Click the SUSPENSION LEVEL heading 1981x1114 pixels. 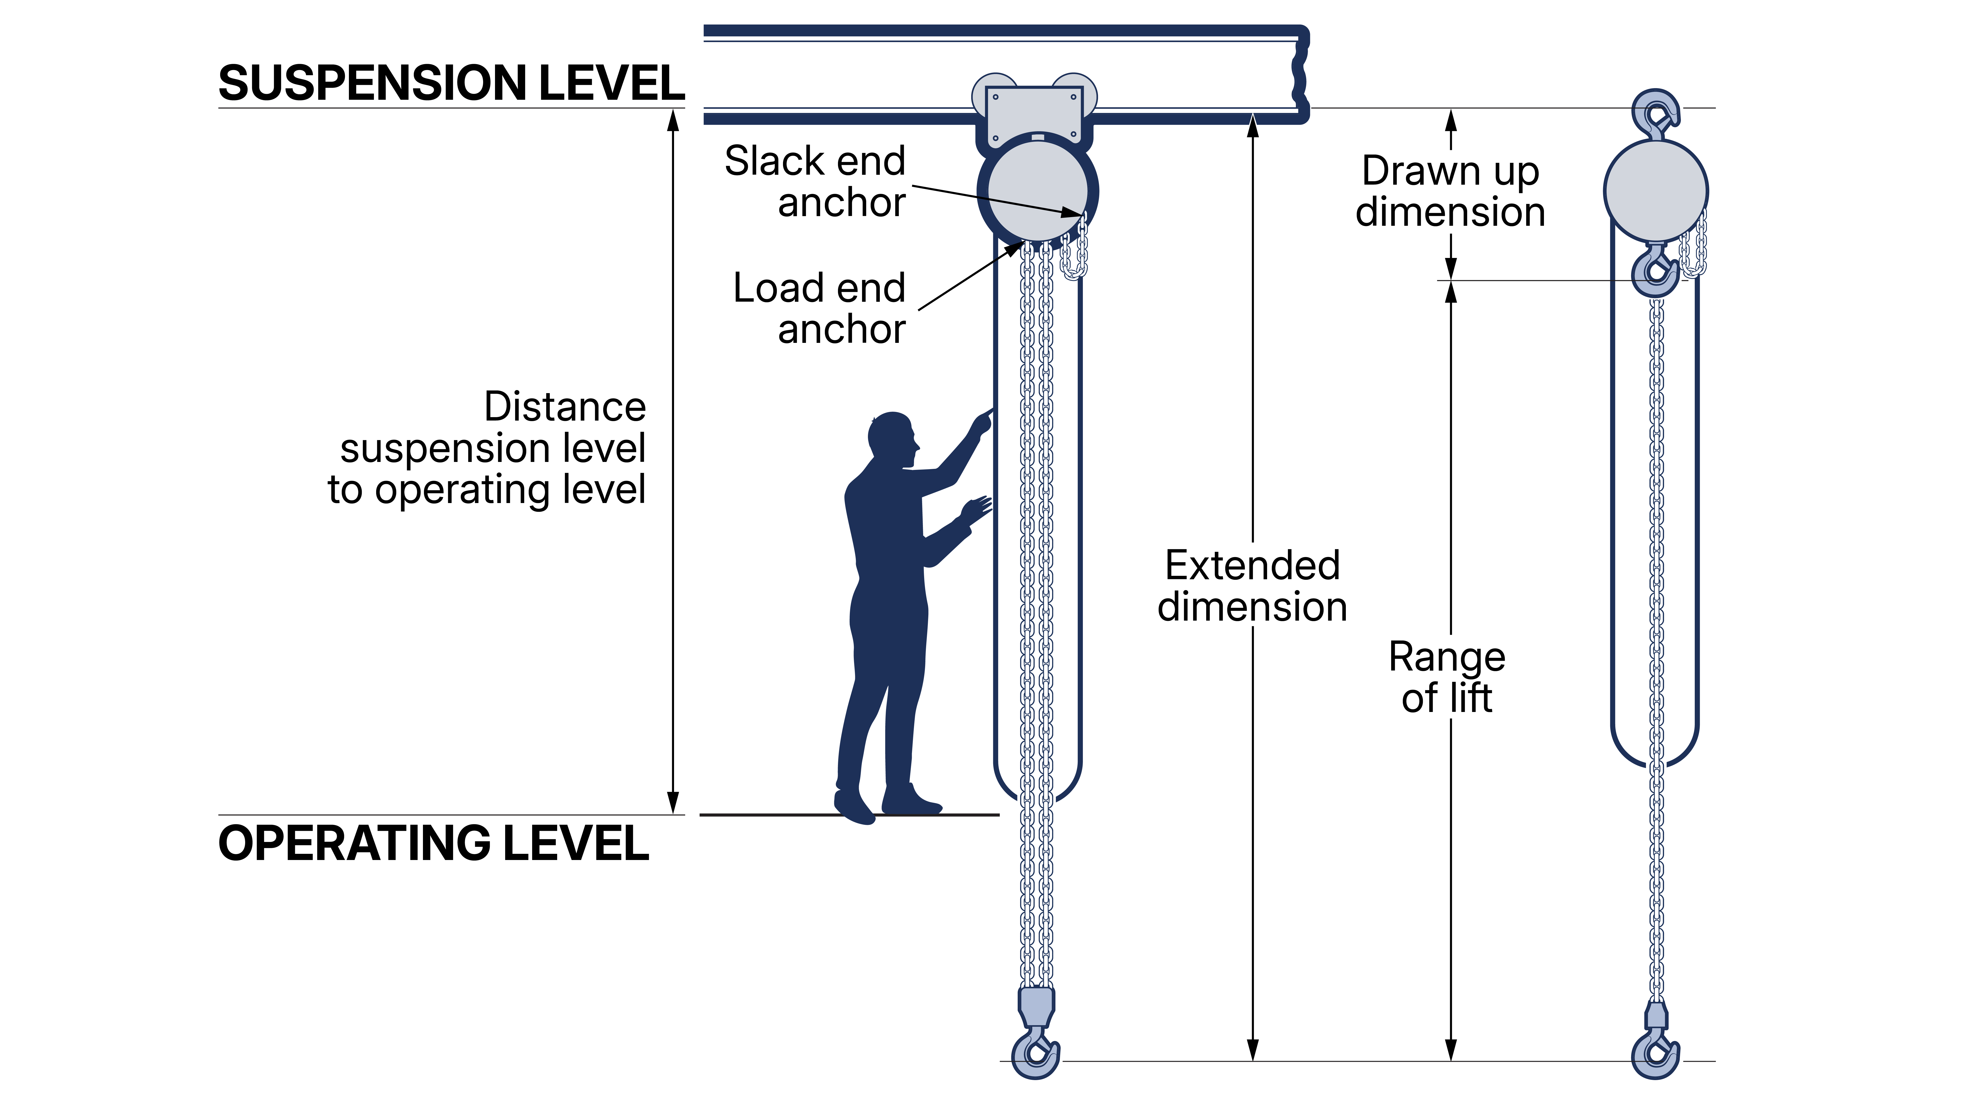point(451,83)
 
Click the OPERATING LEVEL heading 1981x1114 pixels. point(434,843)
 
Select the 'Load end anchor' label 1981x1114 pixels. point(820,308)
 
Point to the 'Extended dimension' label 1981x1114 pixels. point(1252,586)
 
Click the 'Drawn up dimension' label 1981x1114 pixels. point(1450,191)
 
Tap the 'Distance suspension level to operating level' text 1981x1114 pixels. point(488,448)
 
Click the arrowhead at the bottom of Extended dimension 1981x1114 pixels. point(1253,1049)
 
